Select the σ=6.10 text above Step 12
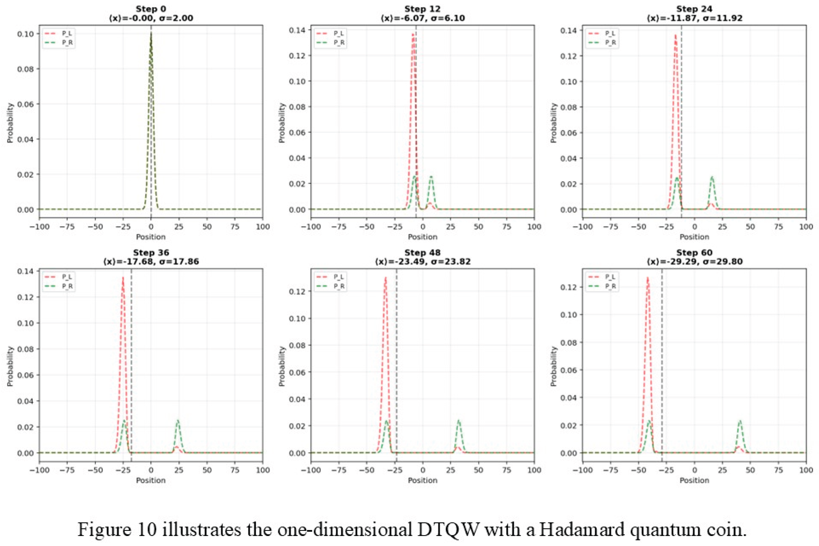coord(447,18)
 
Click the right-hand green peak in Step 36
coord(178,421)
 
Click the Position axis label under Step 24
coord(694,237)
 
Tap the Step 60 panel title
coord(694,253)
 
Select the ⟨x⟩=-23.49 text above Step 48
coord(400,261)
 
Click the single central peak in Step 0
coord(151,35)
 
